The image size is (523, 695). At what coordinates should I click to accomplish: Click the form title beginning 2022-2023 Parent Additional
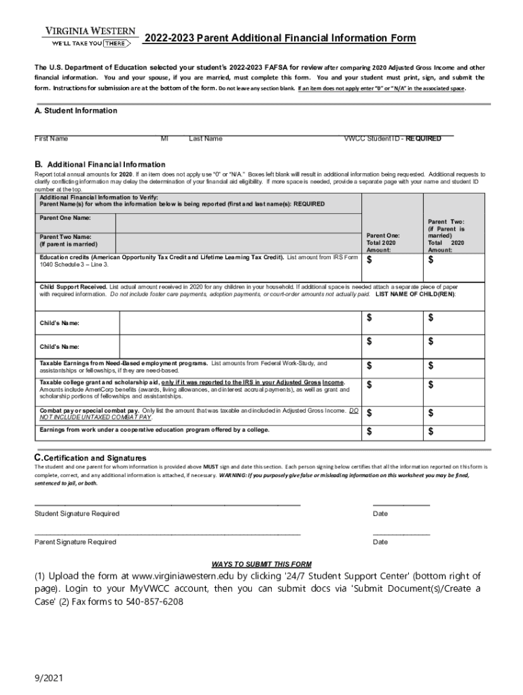280,38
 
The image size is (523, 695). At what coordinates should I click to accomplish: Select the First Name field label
52,139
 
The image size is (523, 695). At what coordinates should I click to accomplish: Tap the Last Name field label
205,139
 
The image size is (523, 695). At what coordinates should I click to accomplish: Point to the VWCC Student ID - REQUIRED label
392,139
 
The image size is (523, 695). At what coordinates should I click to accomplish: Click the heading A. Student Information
76,111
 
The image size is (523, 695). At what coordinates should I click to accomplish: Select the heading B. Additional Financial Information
100,164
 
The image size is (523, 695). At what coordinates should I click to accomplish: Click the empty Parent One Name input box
238,223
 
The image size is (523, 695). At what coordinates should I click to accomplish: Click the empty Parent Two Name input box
238,242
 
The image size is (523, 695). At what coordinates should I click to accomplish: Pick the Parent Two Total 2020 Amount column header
446,236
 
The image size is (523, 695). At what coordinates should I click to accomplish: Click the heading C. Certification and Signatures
90,458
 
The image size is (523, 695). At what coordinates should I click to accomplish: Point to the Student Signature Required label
77,514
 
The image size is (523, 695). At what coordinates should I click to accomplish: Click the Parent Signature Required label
75,542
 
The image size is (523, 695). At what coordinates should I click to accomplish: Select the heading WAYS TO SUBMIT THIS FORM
261,564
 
